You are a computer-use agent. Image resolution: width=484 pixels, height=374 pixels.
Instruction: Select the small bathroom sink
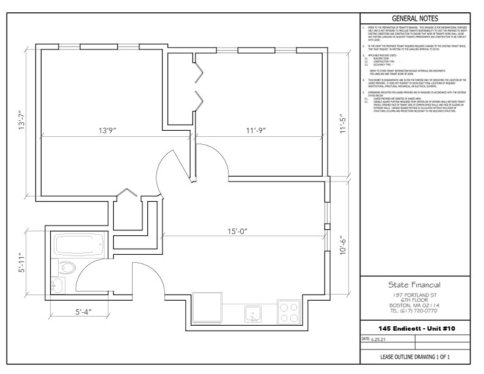pos(56,285)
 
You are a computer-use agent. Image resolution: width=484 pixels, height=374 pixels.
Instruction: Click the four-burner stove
pos(288,312)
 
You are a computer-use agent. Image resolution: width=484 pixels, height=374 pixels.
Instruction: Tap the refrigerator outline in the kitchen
pos(208,309)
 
